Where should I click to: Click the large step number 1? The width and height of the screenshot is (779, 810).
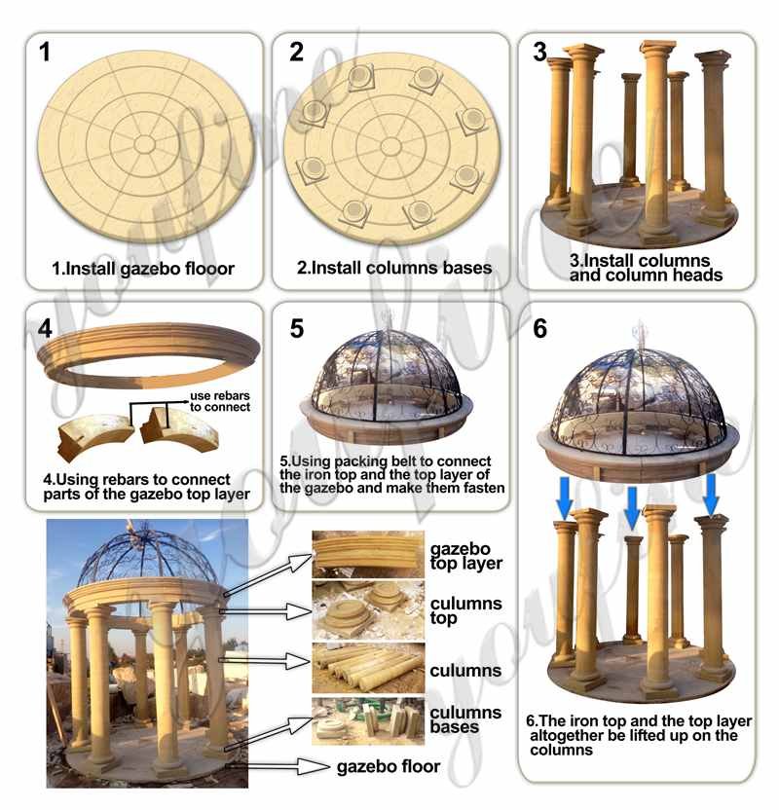(x=45, y=53)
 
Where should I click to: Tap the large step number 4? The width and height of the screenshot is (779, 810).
(x=45, y=328)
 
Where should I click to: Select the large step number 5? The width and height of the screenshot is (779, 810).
(x=297, y=328)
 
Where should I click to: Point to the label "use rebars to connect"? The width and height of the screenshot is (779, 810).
(x=219, y=401)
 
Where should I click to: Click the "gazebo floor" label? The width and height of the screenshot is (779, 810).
(x=389, y=766)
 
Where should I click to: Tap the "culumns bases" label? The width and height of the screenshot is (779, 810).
(x=465, y=719)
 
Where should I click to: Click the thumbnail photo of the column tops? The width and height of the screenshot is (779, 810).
(x=368, y=610)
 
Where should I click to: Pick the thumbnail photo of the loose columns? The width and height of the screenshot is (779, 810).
(x=368, y=668)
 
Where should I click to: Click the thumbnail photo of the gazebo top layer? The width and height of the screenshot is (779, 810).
(x=368, y=554)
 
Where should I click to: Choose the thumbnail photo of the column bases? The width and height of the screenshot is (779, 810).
(x=368, y=721)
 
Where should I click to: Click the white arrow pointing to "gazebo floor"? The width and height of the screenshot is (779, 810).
(x=288, y=766)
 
